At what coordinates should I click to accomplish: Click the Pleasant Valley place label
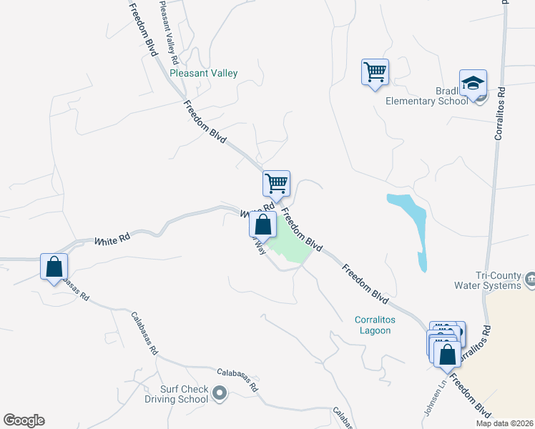204,74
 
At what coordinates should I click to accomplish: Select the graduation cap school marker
473,84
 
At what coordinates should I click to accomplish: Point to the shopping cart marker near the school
375,72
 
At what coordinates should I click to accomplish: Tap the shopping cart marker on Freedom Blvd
276,184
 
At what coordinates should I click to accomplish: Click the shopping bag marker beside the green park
263,225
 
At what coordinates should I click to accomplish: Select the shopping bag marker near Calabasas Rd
54,267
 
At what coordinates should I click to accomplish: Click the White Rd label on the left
111,242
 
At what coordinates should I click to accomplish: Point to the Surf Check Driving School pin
220,393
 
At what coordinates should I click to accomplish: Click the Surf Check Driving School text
175,394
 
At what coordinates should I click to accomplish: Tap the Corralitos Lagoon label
374,325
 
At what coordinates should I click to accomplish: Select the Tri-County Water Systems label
498,281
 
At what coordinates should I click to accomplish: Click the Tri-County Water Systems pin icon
530,278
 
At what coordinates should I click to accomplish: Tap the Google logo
24,420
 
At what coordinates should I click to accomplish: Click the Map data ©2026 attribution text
504,423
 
